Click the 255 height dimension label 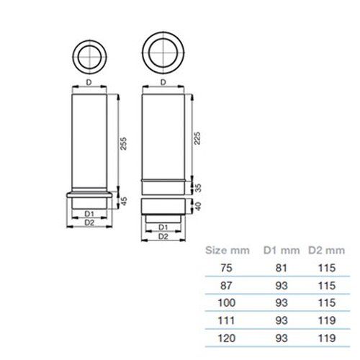123,143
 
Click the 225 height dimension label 197,138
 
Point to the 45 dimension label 124,201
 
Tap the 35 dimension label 198,188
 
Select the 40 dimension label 198,206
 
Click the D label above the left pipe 89,82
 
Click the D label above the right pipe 163,82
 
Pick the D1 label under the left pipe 89,213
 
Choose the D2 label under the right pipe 163,236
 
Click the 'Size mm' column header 228,251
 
